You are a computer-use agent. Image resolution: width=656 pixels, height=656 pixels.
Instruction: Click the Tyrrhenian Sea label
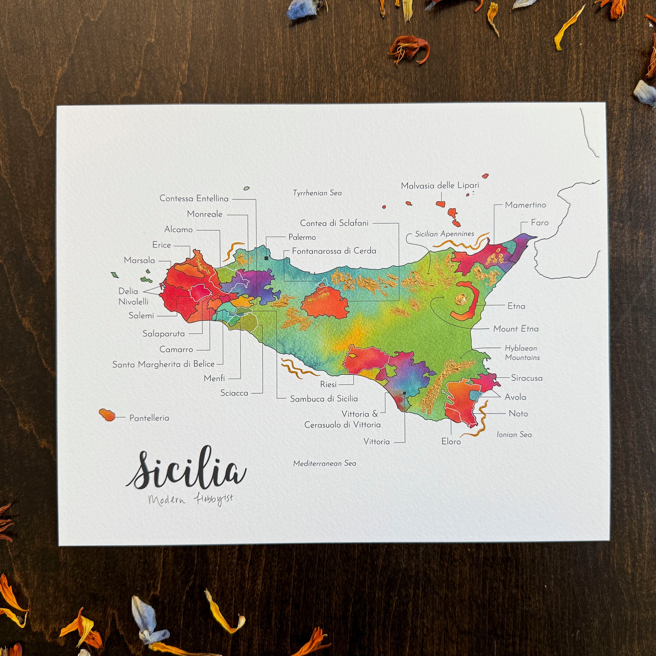317,193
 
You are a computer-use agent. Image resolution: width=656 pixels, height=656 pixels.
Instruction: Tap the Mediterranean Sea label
324,463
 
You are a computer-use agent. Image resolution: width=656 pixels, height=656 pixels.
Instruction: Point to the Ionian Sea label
514,434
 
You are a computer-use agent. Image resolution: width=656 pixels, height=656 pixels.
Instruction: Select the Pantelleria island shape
107,414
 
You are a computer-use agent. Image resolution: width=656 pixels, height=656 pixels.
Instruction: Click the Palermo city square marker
266,258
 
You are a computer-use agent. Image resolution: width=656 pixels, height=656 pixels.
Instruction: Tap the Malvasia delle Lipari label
440,186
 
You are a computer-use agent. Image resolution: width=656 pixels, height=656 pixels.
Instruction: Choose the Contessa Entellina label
194,198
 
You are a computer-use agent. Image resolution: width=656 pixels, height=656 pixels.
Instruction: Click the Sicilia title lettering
186,469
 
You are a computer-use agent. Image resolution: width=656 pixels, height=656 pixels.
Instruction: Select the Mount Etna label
515,329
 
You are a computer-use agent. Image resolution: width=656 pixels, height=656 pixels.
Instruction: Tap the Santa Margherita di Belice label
163,364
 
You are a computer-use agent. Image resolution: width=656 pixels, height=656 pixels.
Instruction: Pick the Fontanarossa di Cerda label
334,251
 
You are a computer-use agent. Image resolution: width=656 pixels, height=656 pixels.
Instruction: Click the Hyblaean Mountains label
522,352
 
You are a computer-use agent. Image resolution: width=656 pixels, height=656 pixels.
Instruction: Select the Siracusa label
527,378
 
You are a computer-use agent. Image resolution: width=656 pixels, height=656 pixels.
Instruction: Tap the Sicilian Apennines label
445,234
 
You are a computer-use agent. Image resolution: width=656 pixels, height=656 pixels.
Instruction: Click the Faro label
539,223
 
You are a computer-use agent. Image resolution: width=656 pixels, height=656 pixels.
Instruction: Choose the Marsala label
139,260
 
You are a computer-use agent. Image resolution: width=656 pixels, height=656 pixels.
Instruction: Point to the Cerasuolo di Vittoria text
342,425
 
